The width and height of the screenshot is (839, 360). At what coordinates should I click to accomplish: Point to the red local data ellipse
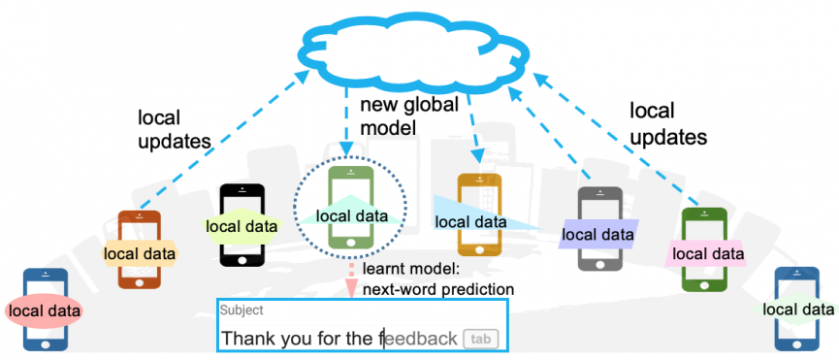44,311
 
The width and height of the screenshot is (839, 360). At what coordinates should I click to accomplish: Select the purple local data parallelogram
598,234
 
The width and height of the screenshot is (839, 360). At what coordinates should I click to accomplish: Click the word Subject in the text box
240,311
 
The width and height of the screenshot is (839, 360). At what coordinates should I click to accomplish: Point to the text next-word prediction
438,288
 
